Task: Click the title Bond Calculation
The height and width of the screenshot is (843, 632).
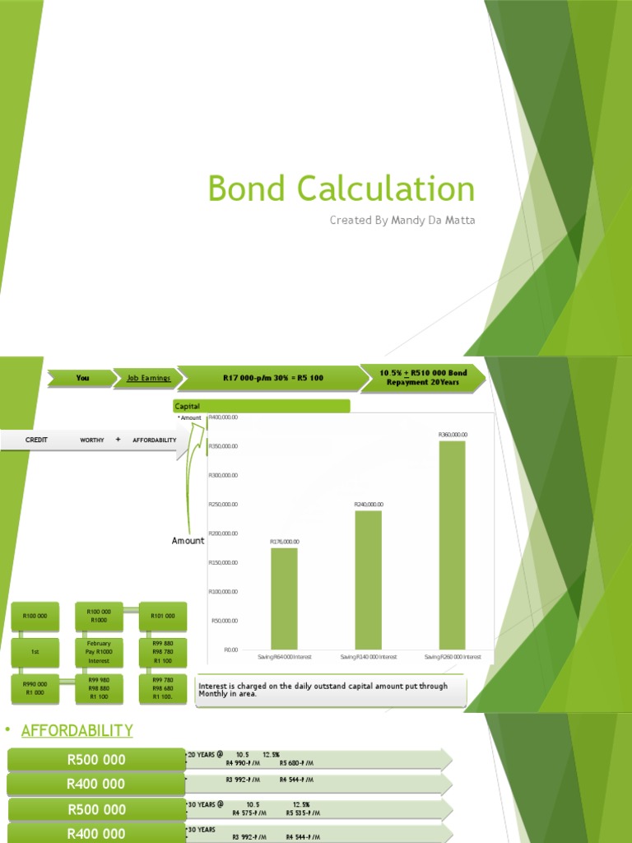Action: click(x=342, y=189)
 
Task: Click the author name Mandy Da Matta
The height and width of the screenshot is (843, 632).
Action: click(x=402, y=220)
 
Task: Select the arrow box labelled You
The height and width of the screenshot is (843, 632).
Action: click(x=83, y=378)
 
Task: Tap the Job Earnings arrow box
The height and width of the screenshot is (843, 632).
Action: click(x=148, y=378)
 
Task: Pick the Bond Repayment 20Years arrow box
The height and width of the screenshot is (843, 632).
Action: click(x=424, y=378)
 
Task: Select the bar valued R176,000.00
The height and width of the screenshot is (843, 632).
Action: click(x=284, y=598)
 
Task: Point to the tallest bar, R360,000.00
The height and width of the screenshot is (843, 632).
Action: click(x=452, y=544)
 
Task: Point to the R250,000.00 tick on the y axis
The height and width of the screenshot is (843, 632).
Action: click(x=223, y=504)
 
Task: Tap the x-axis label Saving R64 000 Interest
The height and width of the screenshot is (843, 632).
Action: click(x=284, y=657)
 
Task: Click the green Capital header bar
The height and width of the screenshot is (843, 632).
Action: click(x=261, y=406)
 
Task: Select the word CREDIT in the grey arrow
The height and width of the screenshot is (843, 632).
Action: click(x=37, y=440)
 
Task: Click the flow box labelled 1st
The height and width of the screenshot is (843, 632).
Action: click(x=35, y=651)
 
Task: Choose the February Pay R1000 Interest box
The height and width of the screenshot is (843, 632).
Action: click(x=99, y=651)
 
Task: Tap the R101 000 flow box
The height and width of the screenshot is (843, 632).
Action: click(x=163, y=615)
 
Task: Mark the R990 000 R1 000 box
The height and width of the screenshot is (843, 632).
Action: click(x=35, y=687)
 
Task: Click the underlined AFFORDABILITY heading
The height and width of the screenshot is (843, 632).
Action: click(x=77, y=730)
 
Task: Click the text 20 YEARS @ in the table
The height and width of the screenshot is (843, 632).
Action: click(x=206, y=754)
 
